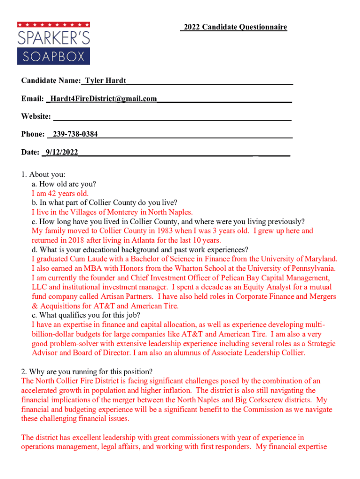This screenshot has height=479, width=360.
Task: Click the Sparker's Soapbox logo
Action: tap(53, 43)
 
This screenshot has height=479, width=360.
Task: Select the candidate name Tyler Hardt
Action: tap(105, 81)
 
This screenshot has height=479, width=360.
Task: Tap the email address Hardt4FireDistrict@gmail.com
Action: tap(103, 99)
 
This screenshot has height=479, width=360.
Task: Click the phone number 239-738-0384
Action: tap(75, 134)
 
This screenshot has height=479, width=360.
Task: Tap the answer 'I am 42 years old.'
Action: tap(60, 194)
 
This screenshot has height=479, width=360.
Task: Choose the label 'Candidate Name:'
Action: tap(51, 81)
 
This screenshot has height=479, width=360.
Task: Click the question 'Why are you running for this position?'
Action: tap(86, 372)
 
